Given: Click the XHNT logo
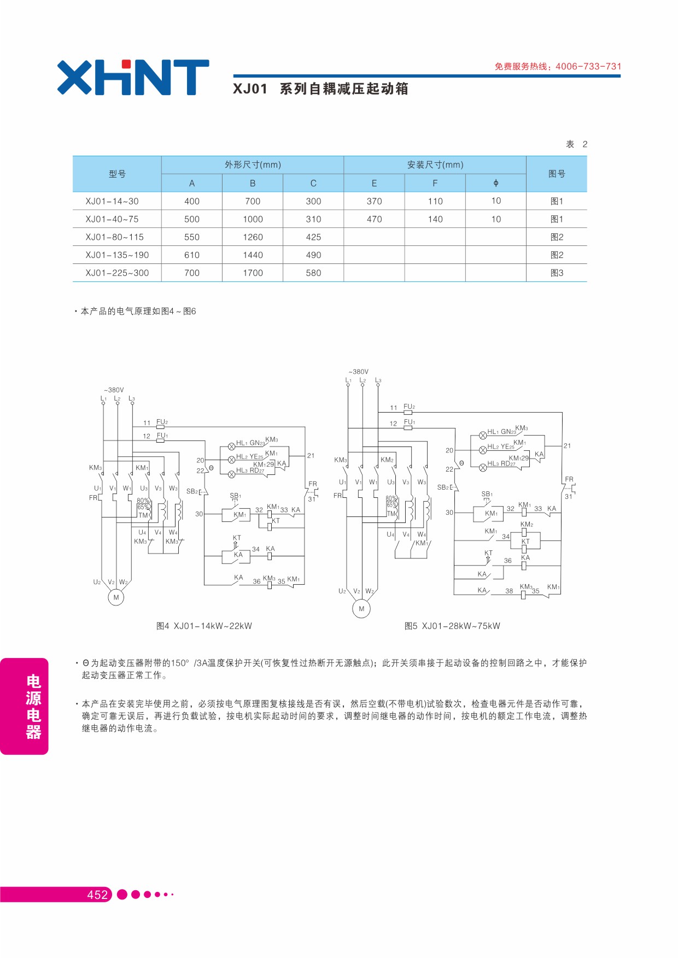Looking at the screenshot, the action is (133, 78).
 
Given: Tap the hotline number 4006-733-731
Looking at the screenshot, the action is (588, 67).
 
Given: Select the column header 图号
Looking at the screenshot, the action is (557, 174).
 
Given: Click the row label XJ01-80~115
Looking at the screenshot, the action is (114, 237).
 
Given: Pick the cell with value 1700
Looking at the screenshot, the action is (253, 273).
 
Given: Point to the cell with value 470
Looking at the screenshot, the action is (374, 219).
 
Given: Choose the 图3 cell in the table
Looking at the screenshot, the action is (557, 273).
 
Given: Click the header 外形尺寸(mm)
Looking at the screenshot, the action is (253, 164).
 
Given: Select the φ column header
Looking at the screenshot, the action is (496, 183).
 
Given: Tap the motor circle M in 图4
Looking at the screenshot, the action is (116, 597).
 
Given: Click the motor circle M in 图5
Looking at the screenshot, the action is (361, 609).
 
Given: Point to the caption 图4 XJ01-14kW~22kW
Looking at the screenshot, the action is (204, 626).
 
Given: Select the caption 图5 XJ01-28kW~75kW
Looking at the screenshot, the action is (452, 626).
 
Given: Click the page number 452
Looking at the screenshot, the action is (97, 895).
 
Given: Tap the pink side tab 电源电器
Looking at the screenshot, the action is (24, 706).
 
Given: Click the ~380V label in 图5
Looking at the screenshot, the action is (359, 372).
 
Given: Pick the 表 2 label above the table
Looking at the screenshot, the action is (576, 144).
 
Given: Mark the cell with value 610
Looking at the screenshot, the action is (192, 255).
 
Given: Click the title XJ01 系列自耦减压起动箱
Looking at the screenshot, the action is (320, 89).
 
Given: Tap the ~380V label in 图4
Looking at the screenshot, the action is (114, 390).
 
